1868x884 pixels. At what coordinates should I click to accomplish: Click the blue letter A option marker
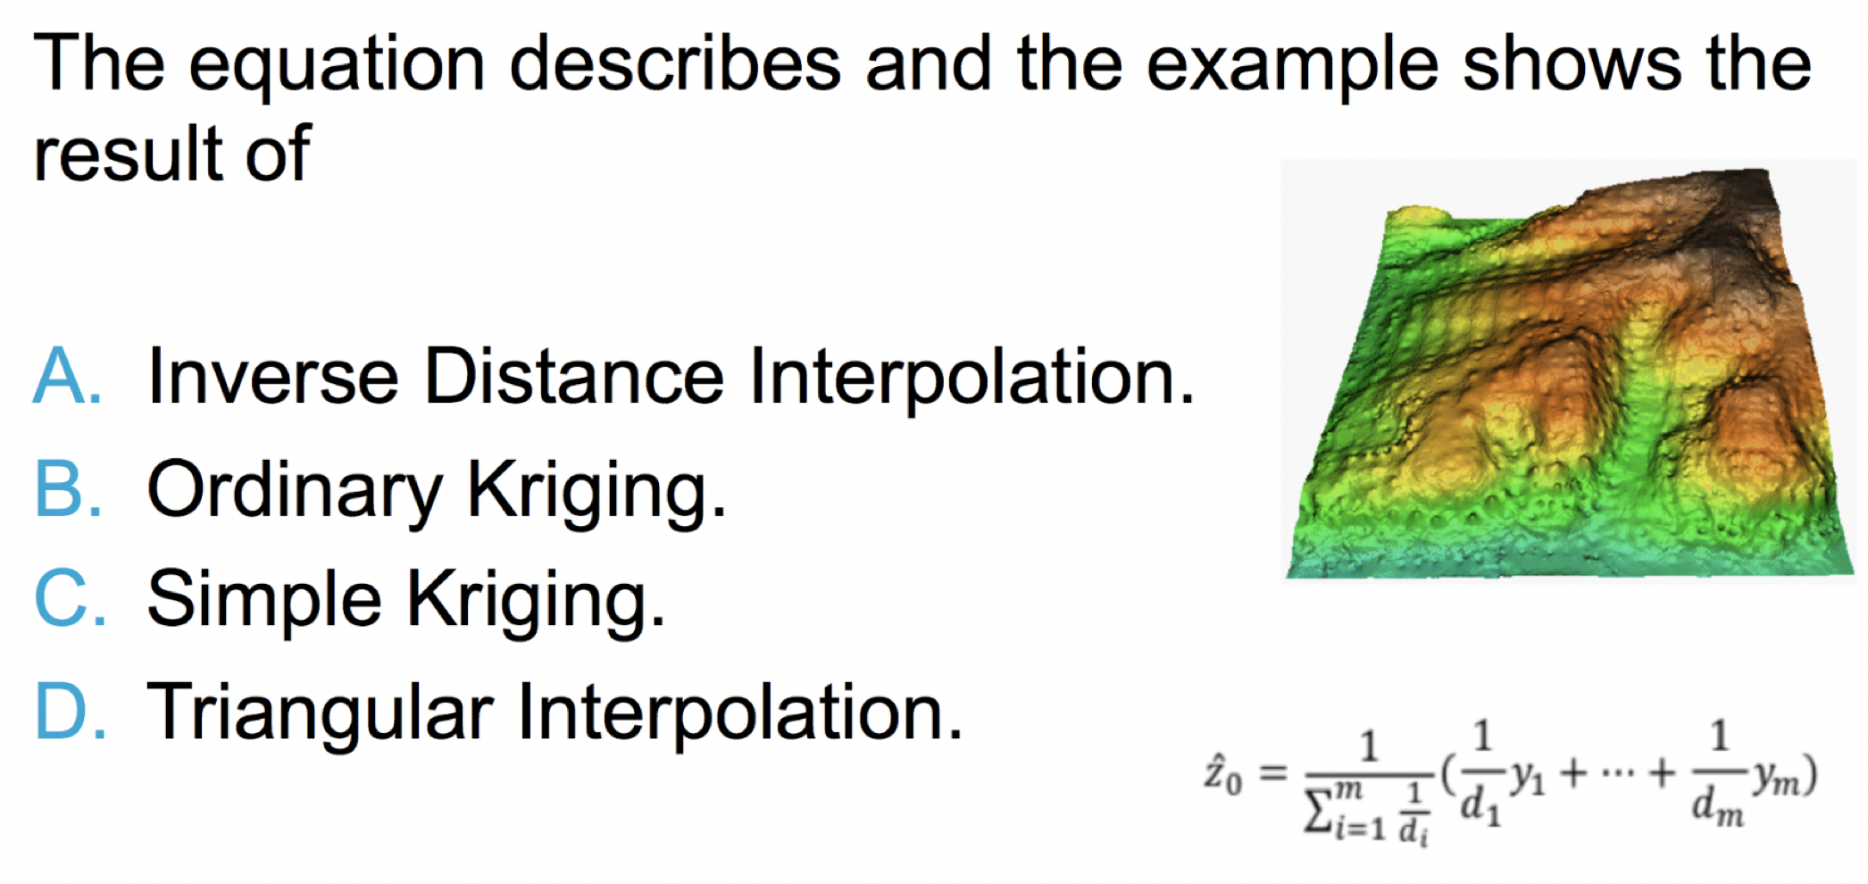66,377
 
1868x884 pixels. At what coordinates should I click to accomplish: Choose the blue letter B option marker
68,488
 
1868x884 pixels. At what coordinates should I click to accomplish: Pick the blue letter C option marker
70,598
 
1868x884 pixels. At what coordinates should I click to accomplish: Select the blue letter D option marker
71,711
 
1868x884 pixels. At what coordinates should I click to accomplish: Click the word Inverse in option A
272,377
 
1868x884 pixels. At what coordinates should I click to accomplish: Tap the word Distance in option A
572,377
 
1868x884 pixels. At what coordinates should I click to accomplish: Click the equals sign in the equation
1272,773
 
